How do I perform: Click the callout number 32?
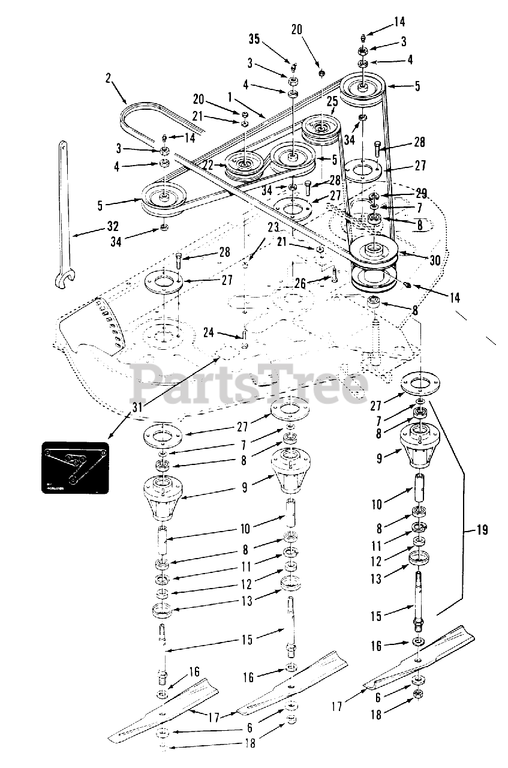[112, 227]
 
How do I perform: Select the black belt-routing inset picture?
[74, 468]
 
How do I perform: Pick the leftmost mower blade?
[162, 708]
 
